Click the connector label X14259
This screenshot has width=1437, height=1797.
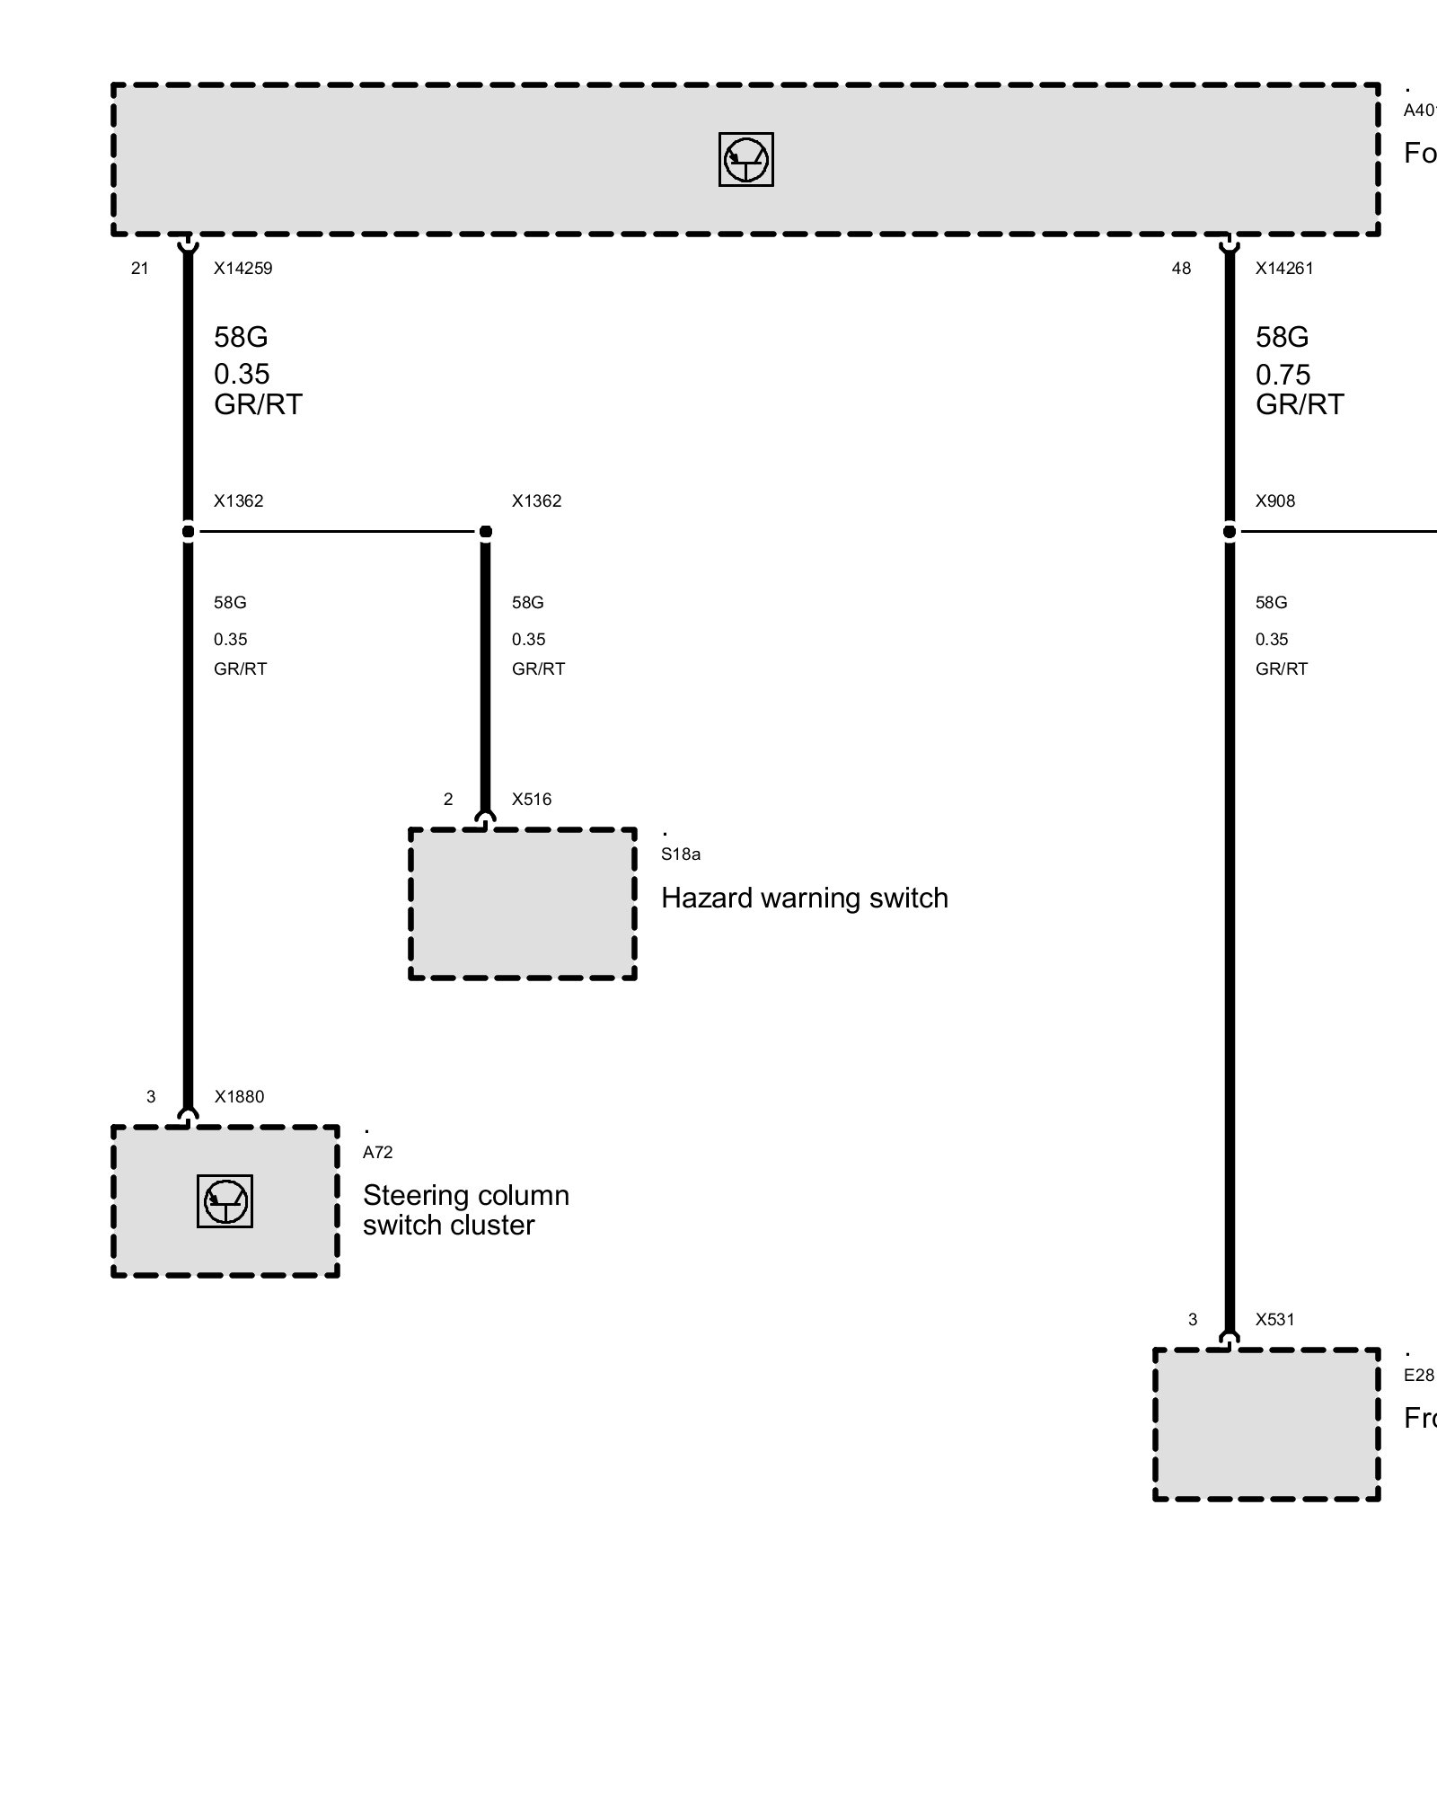[x=242, y=269]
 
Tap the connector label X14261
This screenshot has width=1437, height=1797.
[x=1284, y=269]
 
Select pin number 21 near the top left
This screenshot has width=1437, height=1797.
[x=140, y=269]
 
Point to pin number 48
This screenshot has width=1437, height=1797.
[x=1181, y=269]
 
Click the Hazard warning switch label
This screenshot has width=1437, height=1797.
[x=804, y=898]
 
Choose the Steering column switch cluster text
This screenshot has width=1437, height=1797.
[x=465, y=1210]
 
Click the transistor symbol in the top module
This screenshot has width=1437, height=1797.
[x=745, y=160]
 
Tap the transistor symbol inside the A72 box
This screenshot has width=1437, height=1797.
[x=225, y=1201]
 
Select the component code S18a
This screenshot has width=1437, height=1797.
[x=681, y=854]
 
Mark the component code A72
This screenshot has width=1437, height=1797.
[x=378, y=1153]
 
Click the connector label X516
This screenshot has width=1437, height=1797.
[x=532, y=800]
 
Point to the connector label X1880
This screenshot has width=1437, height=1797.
[x=239, y=1097]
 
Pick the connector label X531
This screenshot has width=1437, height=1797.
[x=1275, y=1320]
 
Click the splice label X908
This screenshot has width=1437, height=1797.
[x=1275, y=501]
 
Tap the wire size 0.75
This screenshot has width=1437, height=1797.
[x=1283, y=374]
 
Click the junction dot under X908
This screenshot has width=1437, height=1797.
[x=1230, y=532]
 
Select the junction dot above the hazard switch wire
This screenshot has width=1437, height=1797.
[x=486, y=532]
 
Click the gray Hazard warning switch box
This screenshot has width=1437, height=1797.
[x=523, y=904]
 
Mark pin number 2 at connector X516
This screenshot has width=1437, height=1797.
[x=448, y=800]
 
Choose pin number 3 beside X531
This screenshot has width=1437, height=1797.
[x=1193, y=1320]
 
